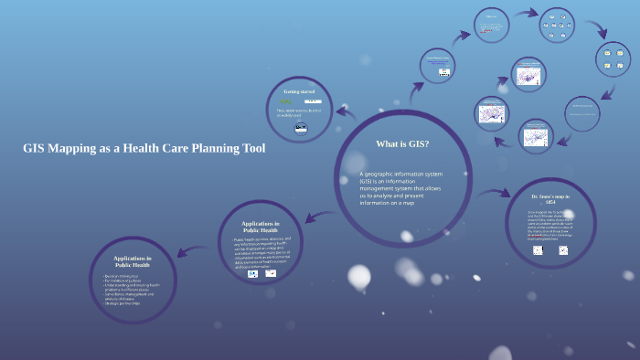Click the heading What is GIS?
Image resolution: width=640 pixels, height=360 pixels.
coord(402,144)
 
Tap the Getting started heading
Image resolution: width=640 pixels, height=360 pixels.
coord(299,92)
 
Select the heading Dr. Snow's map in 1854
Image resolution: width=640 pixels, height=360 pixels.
coord(549,198)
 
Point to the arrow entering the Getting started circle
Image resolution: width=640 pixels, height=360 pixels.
coord(346,113)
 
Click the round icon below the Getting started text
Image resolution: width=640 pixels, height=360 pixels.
coord(300,129)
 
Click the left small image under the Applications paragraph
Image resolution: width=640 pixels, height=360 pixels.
coord(252,273)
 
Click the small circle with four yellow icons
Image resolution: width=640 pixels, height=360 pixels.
coord(613,58)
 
